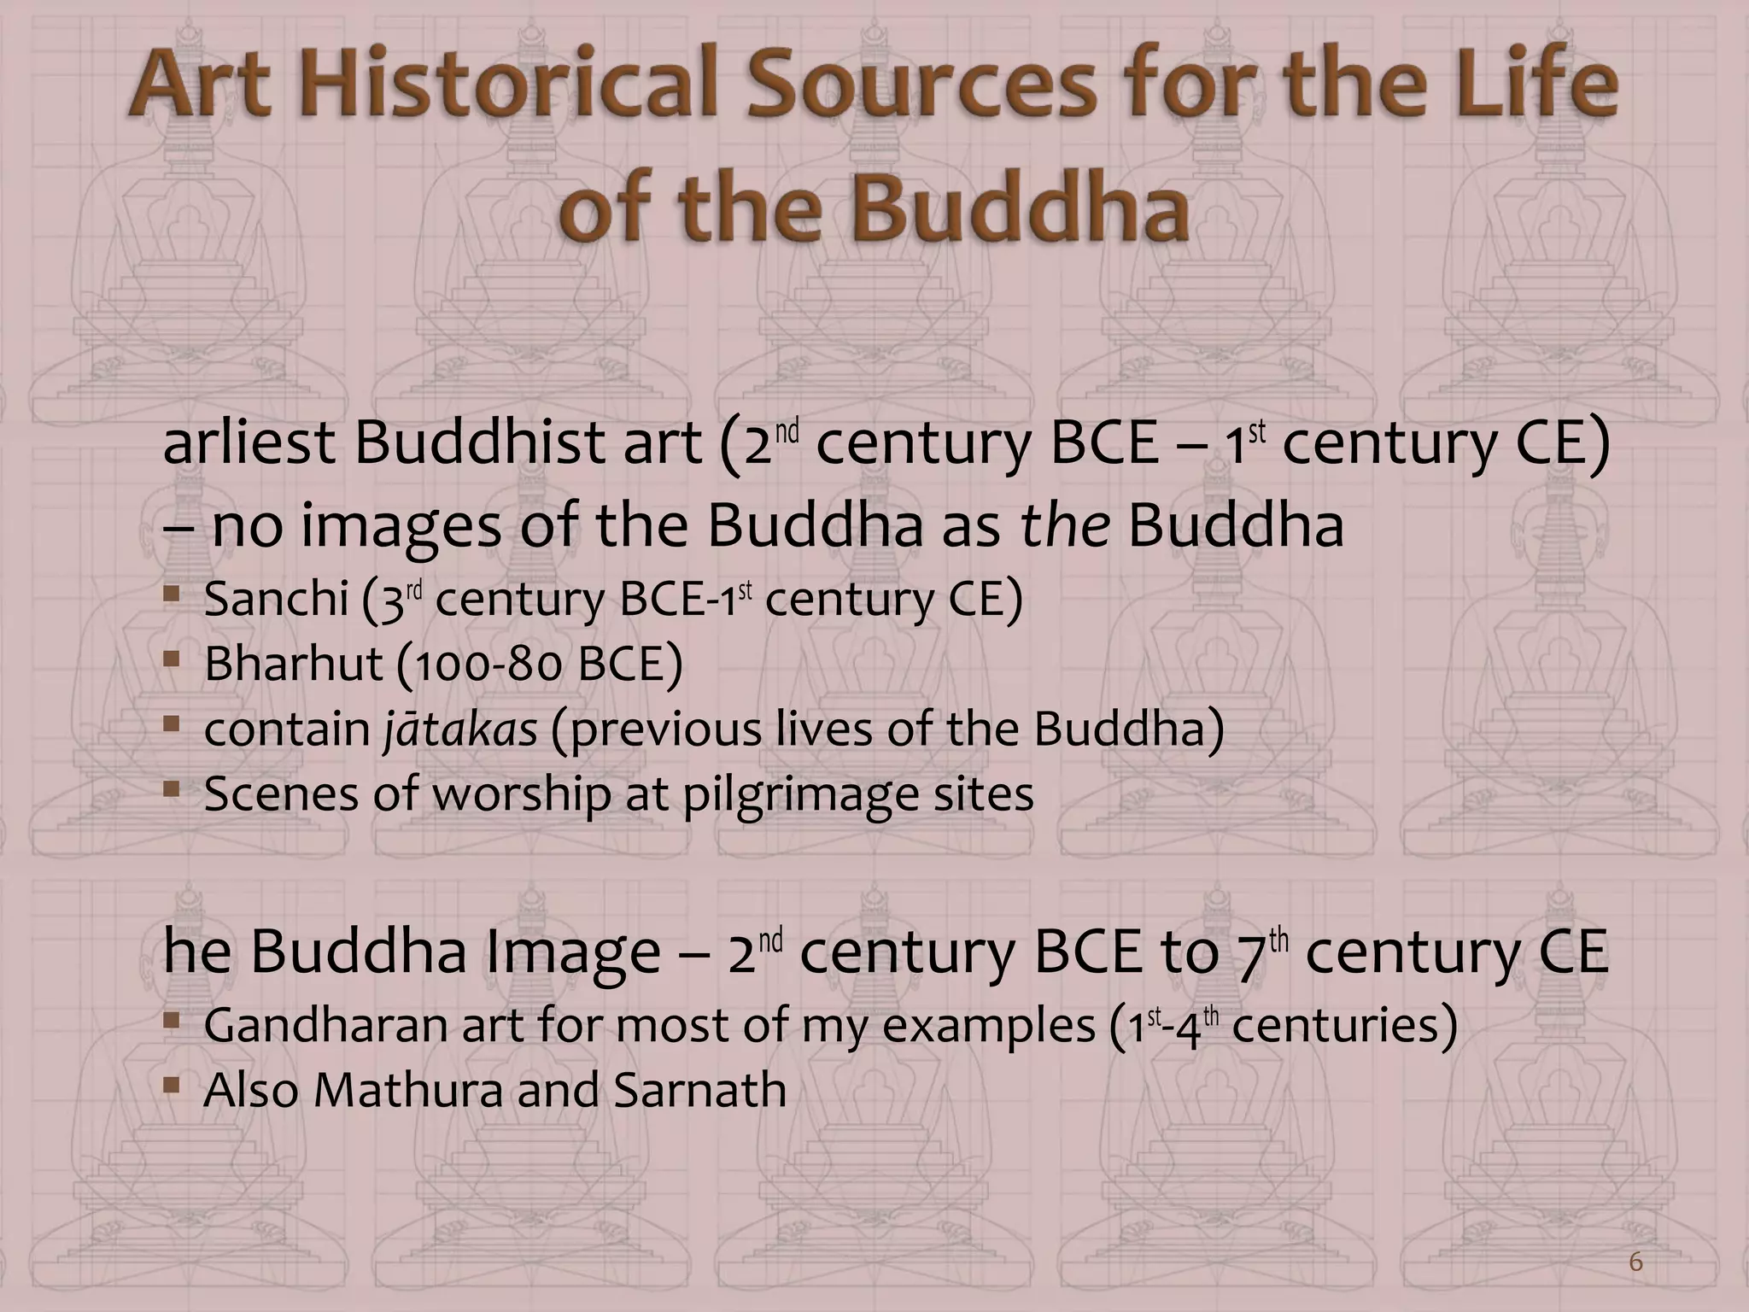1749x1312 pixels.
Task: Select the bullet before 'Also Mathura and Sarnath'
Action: pyautogui.click(x=173, y=1086)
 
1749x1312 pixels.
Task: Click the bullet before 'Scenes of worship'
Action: pyautogui.click(x=173, y=790)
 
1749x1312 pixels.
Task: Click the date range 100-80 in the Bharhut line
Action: pyautogui.click(x=482, y=665)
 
